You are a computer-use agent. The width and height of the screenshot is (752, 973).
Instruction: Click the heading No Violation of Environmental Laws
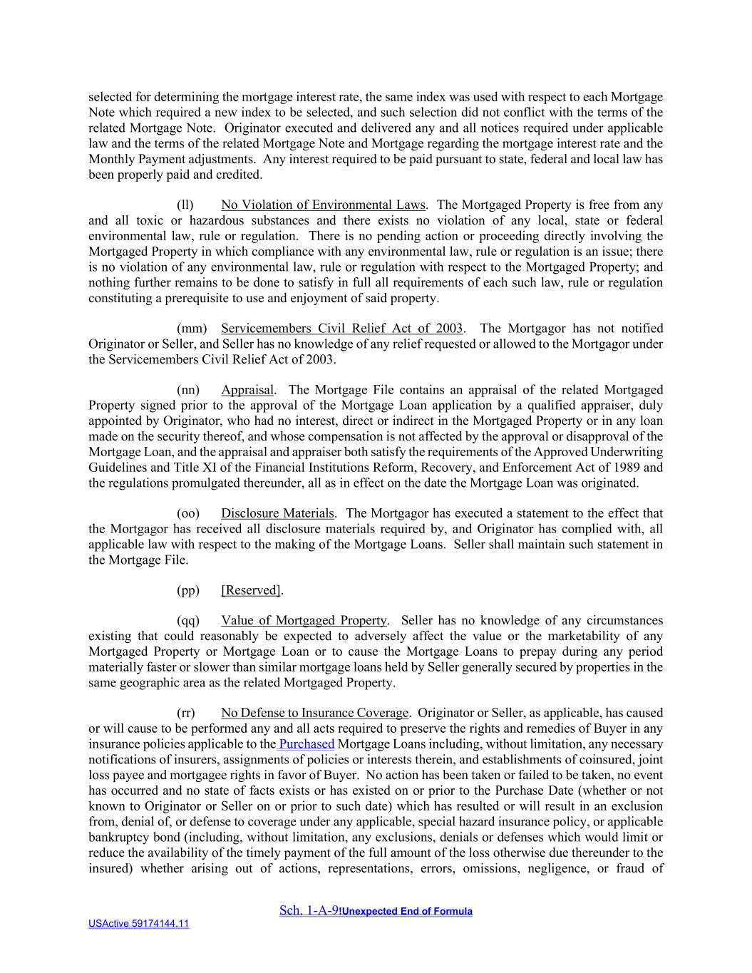(x=322, y=205)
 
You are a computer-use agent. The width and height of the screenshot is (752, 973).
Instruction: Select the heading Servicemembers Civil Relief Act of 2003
(x=341, y=329)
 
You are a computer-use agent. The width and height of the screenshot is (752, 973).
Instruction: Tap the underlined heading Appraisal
(x=247, y=390)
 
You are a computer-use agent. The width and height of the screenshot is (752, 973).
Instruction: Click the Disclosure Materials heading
(x=277, y=513)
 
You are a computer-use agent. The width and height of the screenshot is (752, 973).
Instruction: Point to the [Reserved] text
(x=252, y=590)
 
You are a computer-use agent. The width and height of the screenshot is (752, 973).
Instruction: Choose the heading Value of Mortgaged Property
(x=304, y=621)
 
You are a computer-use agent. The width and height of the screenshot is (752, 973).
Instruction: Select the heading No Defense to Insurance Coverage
(x=314, y=713)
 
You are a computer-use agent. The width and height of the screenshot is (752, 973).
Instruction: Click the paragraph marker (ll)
(x=185, y=205)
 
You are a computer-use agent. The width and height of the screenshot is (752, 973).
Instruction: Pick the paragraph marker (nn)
(x=188, y=390)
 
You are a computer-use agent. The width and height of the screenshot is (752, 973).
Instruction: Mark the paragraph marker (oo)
(x=188, y=513)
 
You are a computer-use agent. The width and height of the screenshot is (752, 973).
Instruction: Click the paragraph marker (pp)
(x=188, y=590)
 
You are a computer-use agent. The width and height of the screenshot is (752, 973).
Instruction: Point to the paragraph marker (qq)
(x=188, y=621)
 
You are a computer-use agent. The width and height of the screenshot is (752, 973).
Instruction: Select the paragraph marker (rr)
(x=186, y=713)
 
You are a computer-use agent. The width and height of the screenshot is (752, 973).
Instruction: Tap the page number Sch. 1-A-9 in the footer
(x=309, y=910)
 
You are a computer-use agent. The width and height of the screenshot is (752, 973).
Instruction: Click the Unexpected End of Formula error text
(x=406, y=911)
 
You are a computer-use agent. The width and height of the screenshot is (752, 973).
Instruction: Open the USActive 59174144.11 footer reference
(x=138, y=924)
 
